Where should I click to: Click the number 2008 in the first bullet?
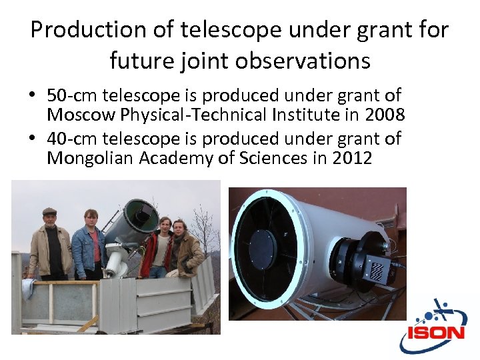click(x=385, y=115)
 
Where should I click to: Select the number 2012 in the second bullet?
click(x=351, y=158)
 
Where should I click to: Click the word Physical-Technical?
click(x=197, y=115)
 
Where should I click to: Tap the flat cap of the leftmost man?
click(x=49, y=211)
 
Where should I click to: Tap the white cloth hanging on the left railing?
click(x=27, y=288)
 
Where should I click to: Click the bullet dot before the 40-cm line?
click(x=33, y=139)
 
